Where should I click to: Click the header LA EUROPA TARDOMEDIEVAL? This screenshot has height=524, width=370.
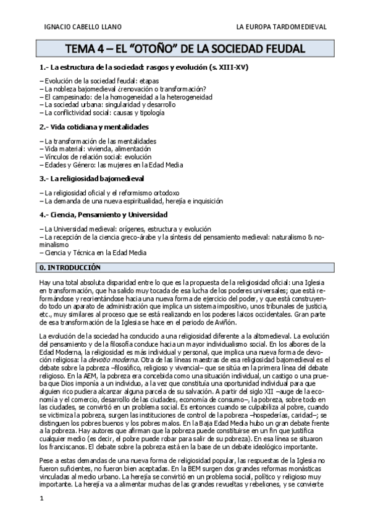tap(282, 27)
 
